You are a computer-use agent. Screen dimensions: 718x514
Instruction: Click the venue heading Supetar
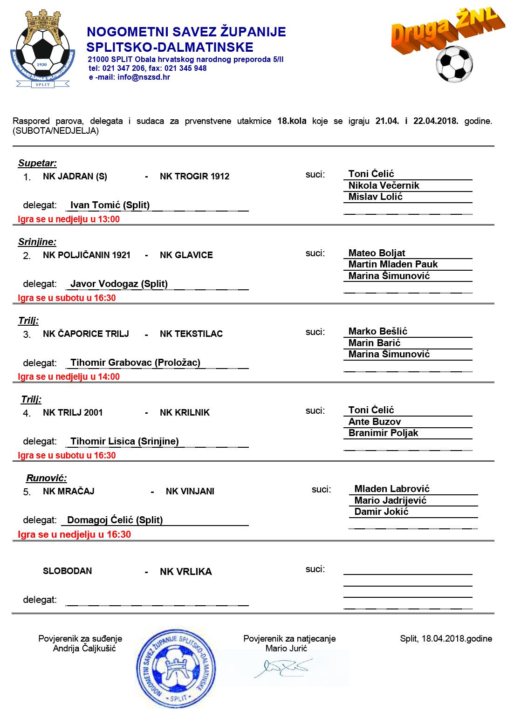pyautogui.click(x=37, y=163)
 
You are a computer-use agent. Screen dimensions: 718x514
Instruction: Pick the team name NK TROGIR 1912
pyautogui.click(x=194, y=177)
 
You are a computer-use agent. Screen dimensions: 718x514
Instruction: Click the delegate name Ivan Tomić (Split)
pyautogui.click(x=110, y=205)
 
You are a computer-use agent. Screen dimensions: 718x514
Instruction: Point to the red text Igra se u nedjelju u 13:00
pyautogui.click(x=69, y=219)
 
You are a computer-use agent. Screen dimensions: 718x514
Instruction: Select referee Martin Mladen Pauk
pyautogui.click(x=393, y=264)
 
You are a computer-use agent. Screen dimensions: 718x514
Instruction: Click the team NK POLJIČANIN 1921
pyautogui.click(x=87, y=255)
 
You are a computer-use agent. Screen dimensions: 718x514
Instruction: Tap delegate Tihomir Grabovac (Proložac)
pyautogui.click(x=135, y=362)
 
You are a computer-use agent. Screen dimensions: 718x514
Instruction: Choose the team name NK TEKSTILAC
pyautogui.click(x=191, y=334)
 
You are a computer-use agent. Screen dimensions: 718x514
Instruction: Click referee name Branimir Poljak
pyautogui.click(x=383, y=433)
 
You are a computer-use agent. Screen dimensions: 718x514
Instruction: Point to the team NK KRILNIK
pyautogui.click(x=185, y=413)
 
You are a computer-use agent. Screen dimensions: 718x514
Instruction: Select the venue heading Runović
pyautogui.click(x=46, y=478)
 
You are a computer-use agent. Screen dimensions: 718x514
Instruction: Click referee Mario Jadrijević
pyautogui.click(x=390, y=500)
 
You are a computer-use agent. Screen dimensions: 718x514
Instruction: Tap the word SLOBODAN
pyautogui.click(x=67, y=571)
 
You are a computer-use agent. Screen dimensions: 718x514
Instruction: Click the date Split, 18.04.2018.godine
pyautogui.click(x=445, y=639)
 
